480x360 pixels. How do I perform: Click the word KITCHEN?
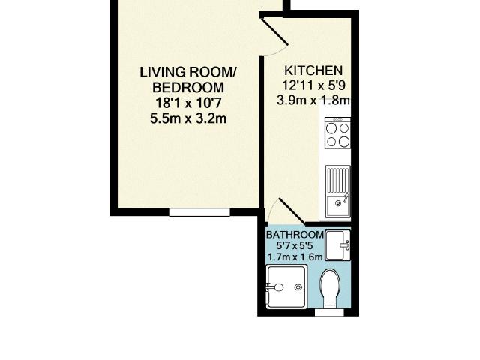(313, 70)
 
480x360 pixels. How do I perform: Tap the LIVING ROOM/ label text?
(188, 72)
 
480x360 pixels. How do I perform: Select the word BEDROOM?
(188, 87)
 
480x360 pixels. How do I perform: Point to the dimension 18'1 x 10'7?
(188, 102)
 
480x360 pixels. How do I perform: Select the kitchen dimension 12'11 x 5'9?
(313, 85)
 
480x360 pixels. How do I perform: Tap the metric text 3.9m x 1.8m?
(313, 100)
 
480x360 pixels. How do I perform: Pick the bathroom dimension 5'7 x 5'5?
(295, 245)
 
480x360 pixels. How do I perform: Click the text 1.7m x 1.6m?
(295, 256)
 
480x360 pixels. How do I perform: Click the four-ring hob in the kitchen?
(338, 133)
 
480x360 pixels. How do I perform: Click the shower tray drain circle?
(277, 286)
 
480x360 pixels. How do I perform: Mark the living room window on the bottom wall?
(199, 213)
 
